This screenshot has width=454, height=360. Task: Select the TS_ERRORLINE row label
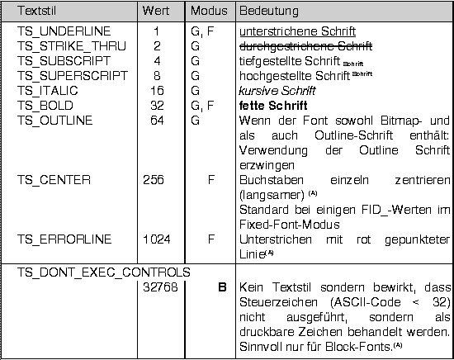pos(59,239)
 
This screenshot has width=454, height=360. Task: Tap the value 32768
pos(157,287)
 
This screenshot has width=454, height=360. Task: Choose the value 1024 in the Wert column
pos(157,239)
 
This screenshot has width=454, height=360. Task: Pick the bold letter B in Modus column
pos(222,287)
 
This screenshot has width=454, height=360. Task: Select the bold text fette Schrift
pos(273,106)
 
